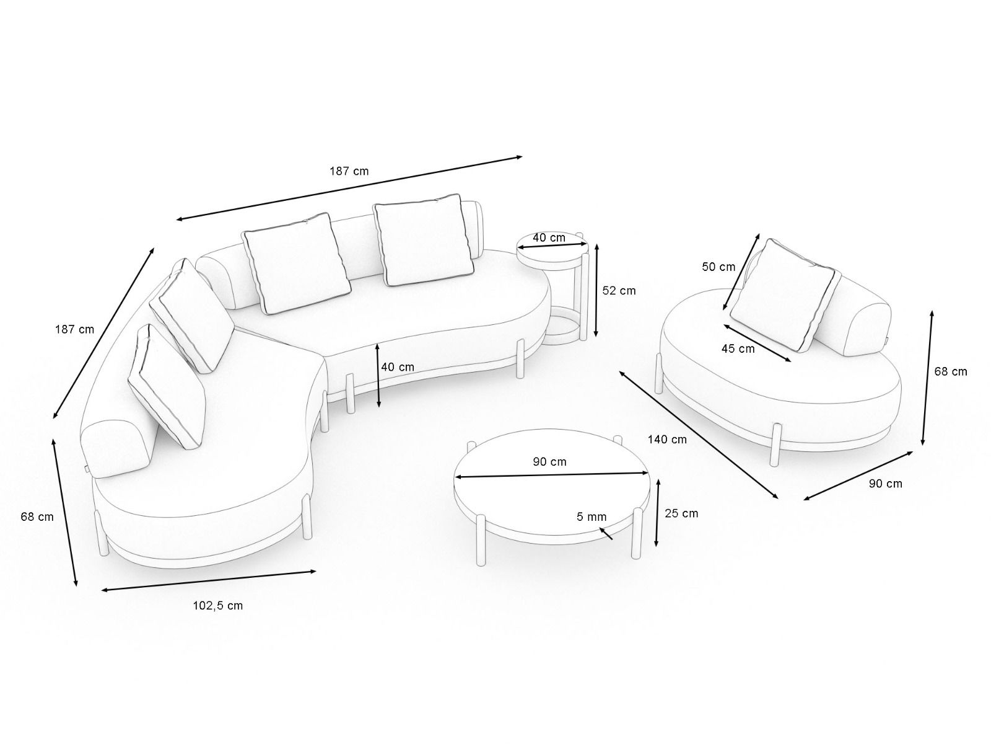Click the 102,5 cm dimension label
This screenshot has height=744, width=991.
(x=217, y=605)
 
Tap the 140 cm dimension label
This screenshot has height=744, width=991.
(x=667, y=440)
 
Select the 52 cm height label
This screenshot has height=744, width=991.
(x=619, y=290)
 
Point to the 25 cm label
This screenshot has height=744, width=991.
(x=681, y=513)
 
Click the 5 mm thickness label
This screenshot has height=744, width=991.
(x=592, y=516)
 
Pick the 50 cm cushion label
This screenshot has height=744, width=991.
(x=718, y=267)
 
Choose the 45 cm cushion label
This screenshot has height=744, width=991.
(x=738, y=348)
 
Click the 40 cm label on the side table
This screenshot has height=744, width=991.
(x=549, y=237)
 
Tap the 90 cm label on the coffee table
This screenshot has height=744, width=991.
(x=549, y=462)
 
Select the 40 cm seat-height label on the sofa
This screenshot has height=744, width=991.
(x=398, y=366)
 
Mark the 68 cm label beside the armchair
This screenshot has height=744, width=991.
(x=951, y=371)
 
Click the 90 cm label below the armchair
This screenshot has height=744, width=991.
(x=886, y=484)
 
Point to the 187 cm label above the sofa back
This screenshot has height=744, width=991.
(x=349, y=170)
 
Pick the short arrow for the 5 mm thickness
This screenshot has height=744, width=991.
(x=606, y=533)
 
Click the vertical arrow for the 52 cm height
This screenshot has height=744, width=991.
(x=596, y=290)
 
